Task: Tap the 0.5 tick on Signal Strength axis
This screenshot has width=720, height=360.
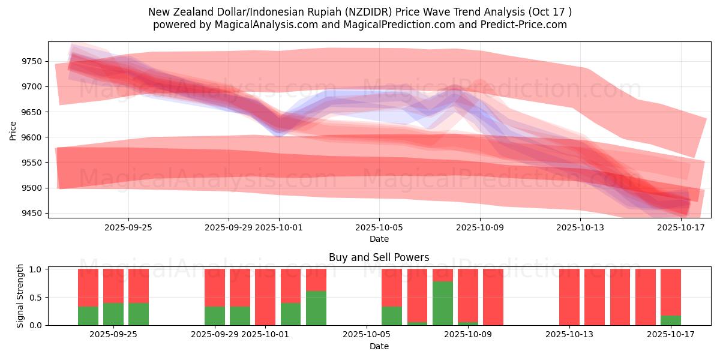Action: click(x=36, y=297)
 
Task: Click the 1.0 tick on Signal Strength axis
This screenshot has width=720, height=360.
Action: click(x=36, y=269)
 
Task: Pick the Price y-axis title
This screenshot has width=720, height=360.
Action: click(x=13, y=130)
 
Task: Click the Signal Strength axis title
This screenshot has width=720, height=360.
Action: click(x=20, y=296)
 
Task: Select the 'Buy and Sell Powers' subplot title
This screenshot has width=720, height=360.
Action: click(x=379, y=257)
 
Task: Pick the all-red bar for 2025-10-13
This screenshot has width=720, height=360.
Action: click(x=569, y=297)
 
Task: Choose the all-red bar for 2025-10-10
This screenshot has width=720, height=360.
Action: click(x=493, y=297)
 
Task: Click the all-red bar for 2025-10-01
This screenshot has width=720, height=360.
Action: click(x=265, y=297)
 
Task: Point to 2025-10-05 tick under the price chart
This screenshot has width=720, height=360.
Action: click(x=379, y=227)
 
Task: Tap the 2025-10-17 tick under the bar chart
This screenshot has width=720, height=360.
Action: click(x=671, y=335)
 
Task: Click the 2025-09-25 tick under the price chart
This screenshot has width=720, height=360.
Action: click(x=128, y=227)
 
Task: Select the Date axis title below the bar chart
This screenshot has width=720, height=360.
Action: click(x=379, y=346)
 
